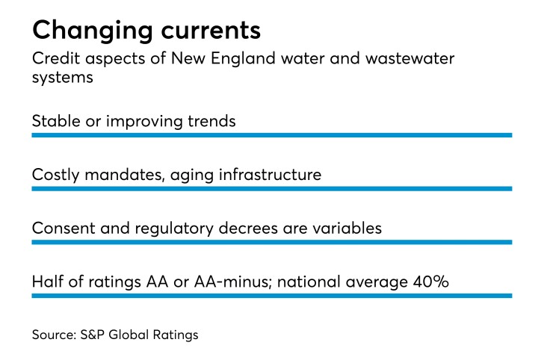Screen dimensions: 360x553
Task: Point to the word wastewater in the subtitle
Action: tap(416, 60)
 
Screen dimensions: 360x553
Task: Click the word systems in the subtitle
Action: tap(62, 78)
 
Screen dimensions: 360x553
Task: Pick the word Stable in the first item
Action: tap(53, 120)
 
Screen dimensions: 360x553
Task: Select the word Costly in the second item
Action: tap(55, 175)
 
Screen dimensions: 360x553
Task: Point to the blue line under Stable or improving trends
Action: tap(271, 135)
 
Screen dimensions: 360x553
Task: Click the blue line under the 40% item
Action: tap(271, 296)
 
